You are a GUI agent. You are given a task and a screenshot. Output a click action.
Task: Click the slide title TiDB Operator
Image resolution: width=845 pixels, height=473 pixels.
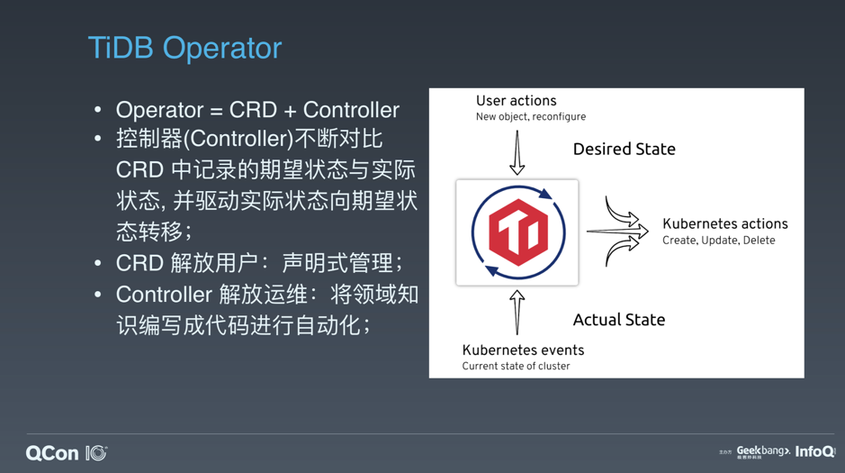pos(184,48)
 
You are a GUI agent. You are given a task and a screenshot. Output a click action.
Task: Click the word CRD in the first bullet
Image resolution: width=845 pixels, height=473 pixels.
pos(253,110)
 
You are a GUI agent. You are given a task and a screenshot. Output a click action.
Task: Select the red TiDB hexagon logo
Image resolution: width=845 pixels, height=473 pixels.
pos(518,232)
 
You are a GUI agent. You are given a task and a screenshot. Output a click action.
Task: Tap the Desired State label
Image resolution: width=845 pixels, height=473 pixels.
pos(624,149)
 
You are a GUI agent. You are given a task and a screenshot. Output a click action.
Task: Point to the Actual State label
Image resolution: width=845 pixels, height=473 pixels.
pos(618,320)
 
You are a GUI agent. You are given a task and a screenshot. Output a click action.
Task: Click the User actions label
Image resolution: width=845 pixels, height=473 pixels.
pos(517,101)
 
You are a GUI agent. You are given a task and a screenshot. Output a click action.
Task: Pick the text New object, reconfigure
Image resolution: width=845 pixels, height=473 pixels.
pos(531,116)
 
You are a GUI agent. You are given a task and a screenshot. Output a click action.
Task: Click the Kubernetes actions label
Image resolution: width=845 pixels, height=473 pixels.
pos(724,223)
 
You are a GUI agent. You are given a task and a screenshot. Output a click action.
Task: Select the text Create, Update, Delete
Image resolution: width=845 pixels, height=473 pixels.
pos(718,241)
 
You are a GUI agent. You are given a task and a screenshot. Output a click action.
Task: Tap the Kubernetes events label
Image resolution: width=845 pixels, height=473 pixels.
pos(523,350)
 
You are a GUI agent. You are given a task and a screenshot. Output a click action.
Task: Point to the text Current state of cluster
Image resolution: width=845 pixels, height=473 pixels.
pos(516,366)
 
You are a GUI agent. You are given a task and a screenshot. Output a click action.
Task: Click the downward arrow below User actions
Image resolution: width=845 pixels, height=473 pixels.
pos(517,152)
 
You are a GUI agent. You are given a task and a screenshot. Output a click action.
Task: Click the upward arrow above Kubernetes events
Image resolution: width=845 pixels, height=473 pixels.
pos(517,313)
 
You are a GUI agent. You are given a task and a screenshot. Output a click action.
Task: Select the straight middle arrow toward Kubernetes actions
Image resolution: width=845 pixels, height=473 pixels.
pos(617,232)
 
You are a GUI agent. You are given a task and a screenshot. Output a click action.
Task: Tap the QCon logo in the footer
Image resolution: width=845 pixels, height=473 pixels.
pos(67,453)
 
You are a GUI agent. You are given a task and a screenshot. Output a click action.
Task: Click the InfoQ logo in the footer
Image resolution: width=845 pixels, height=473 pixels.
pos(815,451)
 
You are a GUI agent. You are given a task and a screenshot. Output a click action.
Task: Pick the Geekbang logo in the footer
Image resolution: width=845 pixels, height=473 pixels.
pos(763,451)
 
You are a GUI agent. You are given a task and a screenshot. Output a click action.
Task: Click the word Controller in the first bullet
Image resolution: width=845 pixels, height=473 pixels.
pos(351,110)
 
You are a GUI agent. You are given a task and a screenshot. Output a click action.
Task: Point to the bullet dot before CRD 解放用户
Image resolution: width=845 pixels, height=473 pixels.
pos(97,264)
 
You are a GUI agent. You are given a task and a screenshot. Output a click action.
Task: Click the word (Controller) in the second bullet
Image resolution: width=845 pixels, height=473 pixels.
pos(238,139)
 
